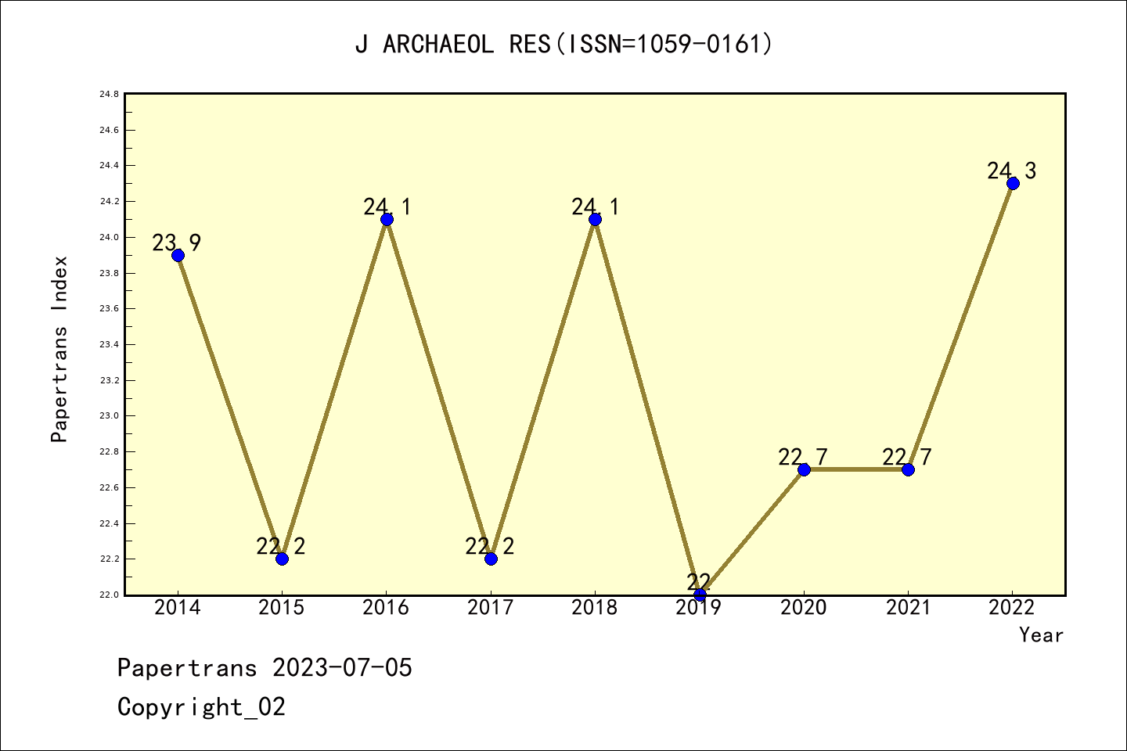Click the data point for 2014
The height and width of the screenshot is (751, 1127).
coord(178,255)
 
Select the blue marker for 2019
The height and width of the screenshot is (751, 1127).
coord(700,595)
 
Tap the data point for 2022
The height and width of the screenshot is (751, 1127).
coord(1013,184)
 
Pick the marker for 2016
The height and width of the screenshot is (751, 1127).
coord(387,219)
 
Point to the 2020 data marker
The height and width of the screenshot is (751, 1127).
coord(804,469)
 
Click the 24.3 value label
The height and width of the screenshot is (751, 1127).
coord(1011,171)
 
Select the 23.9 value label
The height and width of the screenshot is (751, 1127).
coord(176,243)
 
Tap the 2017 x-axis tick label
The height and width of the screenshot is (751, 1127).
coord(491,608)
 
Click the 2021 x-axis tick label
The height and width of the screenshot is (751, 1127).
coord(908,608)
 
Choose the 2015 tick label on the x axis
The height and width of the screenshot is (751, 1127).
coord(282,608)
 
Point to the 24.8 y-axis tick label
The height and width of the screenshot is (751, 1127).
coord(109,94)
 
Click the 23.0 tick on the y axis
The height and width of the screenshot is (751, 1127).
coord(109,416)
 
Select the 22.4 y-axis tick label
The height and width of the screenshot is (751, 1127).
coord(109,523)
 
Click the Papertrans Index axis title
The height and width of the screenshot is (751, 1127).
coord(59,349)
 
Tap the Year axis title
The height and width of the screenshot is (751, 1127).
coord(1041,635)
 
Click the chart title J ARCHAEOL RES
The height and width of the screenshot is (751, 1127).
coord(563,44)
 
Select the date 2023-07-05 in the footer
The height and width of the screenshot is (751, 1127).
coord(342,668)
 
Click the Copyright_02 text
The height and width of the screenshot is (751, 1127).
coord(201,707)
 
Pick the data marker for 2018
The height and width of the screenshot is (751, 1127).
coord(595,219)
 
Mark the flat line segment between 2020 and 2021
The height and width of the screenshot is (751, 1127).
coord(855,469)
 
